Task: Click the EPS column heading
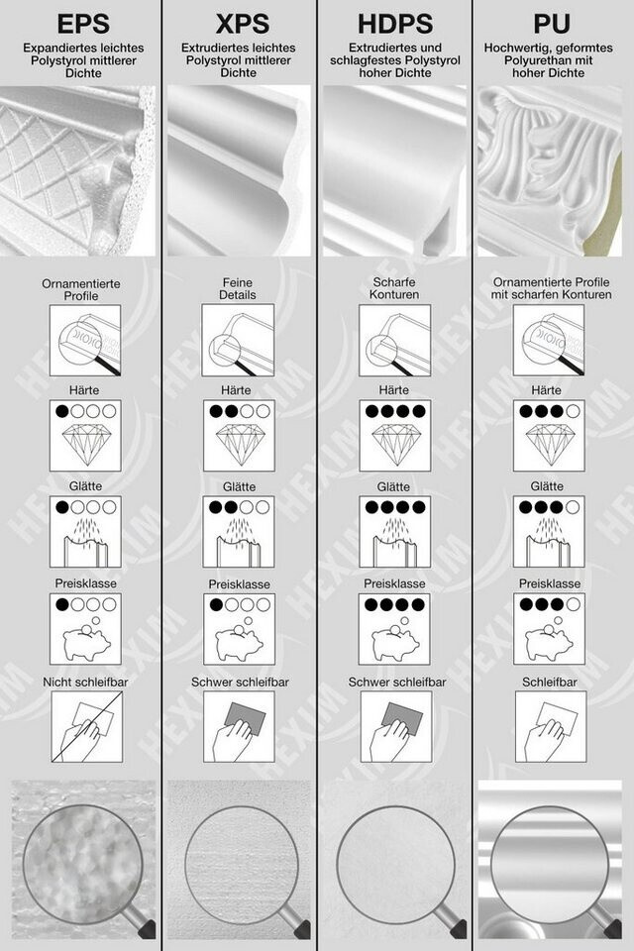click(x=83, y=24)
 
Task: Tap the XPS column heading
click(x=242, y=24)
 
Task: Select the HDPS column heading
click(x=395, y=24)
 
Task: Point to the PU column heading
click(x=552, y=24)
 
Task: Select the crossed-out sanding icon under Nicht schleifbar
click(x=87, y=726)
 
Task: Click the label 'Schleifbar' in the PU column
click(x=550, y=683)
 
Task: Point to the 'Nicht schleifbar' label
click(x=85, y=683)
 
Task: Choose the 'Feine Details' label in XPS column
click(x=239, y=288)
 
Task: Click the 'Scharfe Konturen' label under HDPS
click(x=395, y=288)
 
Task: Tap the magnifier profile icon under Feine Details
click(x=238, y=340)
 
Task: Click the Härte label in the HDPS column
click(x=393, y=390)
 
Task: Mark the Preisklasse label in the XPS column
click(x=239, y=584)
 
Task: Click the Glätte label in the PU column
click(x=547, y=486)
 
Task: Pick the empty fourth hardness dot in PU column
click(x=573, y=411)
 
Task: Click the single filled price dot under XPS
click(x=216, y=604)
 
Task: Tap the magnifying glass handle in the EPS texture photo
click(x=144, y=923)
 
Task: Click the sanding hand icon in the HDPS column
click(x=395, y=726)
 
